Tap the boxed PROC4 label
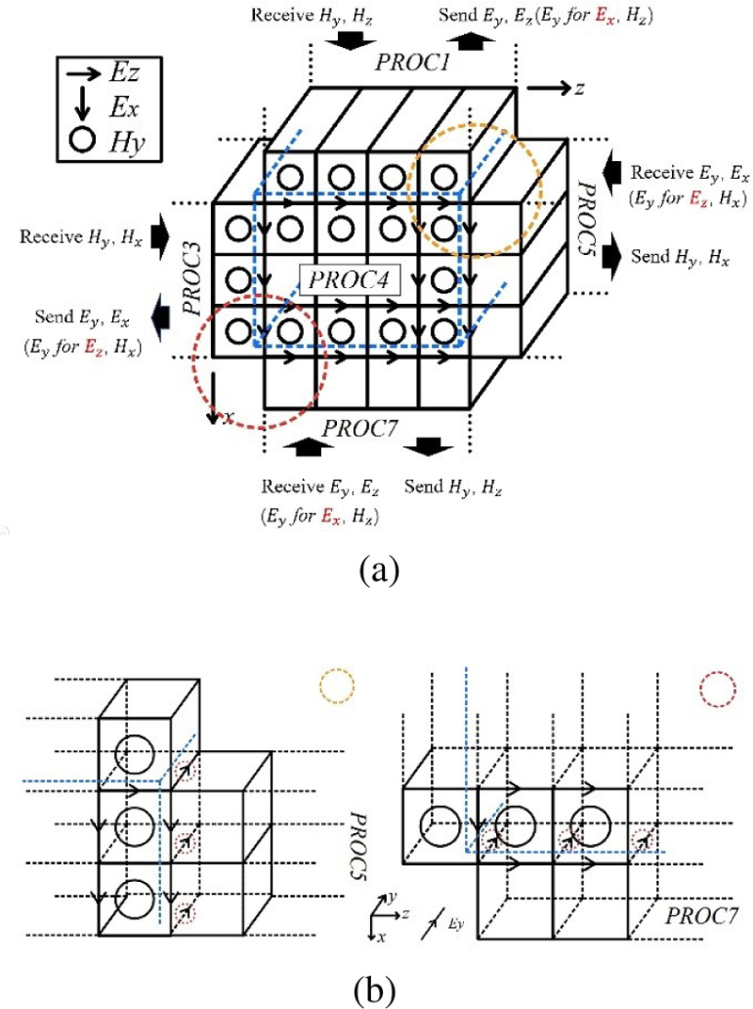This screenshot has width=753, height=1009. pos(346,280)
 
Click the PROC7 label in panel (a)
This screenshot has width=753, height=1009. pos(362,428)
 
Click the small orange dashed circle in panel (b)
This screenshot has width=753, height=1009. pos(335,685)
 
